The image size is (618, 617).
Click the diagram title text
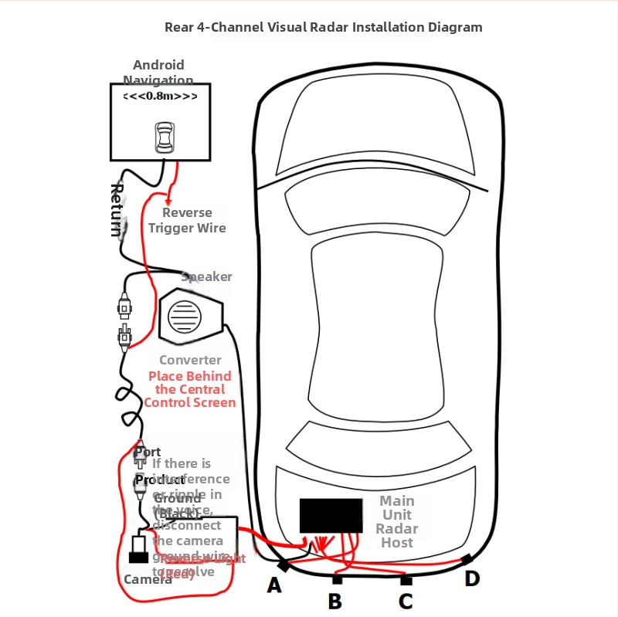[x=323, y=27]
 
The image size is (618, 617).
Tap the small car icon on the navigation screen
[x=164, y=137]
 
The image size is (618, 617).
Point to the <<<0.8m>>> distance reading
[x=160, y=97]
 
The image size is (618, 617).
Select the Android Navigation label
[x=158, y=73]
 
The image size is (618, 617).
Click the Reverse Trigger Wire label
[x=187, y=220]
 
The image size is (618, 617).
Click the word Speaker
[x=206, y=276]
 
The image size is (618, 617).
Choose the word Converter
[x=190, y=360]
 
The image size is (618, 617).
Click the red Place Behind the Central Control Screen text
[x=190, y=389]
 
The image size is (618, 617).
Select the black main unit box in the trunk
[x=331, y=515]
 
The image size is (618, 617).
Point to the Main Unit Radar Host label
[x=397, y=522]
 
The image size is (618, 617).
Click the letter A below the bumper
[x=274, y=586]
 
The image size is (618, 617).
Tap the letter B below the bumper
[x=334, y=601]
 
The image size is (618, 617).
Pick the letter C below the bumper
[x=406, y=601]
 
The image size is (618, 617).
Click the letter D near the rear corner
[x=472, y=578]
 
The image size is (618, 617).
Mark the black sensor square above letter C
[x=406, y=580]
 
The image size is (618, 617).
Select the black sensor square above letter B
[x=337, y=579]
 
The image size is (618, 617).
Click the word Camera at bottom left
[x=148, y=579]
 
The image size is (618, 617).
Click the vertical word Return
[x=117, y=209]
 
